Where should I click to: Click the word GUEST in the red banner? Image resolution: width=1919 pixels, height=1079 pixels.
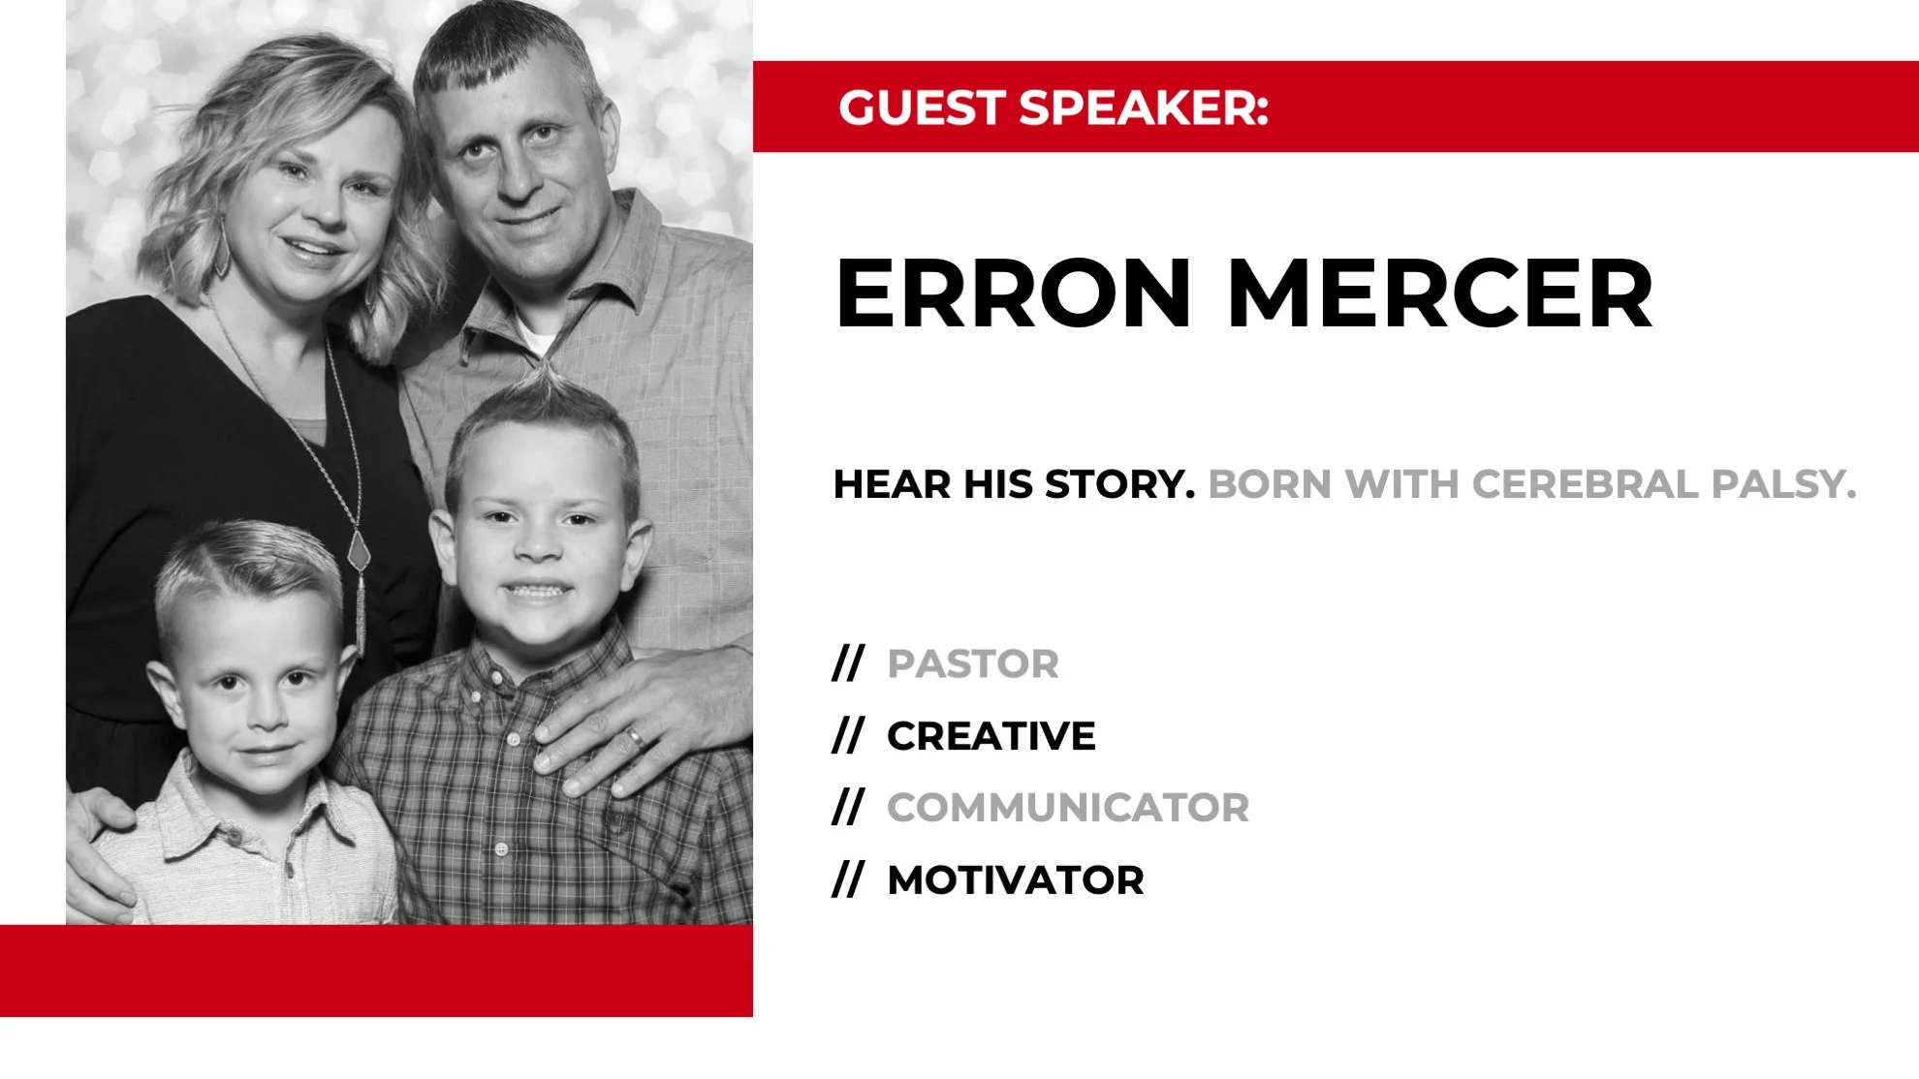(x=921, y=108)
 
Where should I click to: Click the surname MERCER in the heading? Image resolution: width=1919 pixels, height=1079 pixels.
(x=1439, y=293)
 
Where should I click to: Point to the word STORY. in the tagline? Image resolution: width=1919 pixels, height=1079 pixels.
(x=1120, y=484)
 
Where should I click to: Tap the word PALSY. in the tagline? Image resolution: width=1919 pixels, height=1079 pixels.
(x=1783, y=484)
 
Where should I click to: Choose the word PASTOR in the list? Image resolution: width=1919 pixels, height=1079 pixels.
(x=973, y=664)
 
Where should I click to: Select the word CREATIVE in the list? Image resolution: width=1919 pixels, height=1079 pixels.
(x=991, y=736)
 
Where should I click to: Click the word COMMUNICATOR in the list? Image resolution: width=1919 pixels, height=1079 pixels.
(x=1068, y=808)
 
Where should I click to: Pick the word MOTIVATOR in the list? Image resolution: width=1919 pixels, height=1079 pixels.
(x=1016, y=880)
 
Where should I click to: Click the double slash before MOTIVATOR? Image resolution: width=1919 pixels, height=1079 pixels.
(x=848, y=880)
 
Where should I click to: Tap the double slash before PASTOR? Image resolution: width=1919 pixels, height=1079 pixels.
(x=848, y=664)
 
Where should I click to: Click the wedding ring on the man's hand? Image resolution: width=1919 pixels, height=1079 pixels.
(x=635, y=738)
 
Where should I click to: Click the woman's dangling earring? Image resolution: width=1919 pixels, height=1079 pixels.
(x=223, y=250)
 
